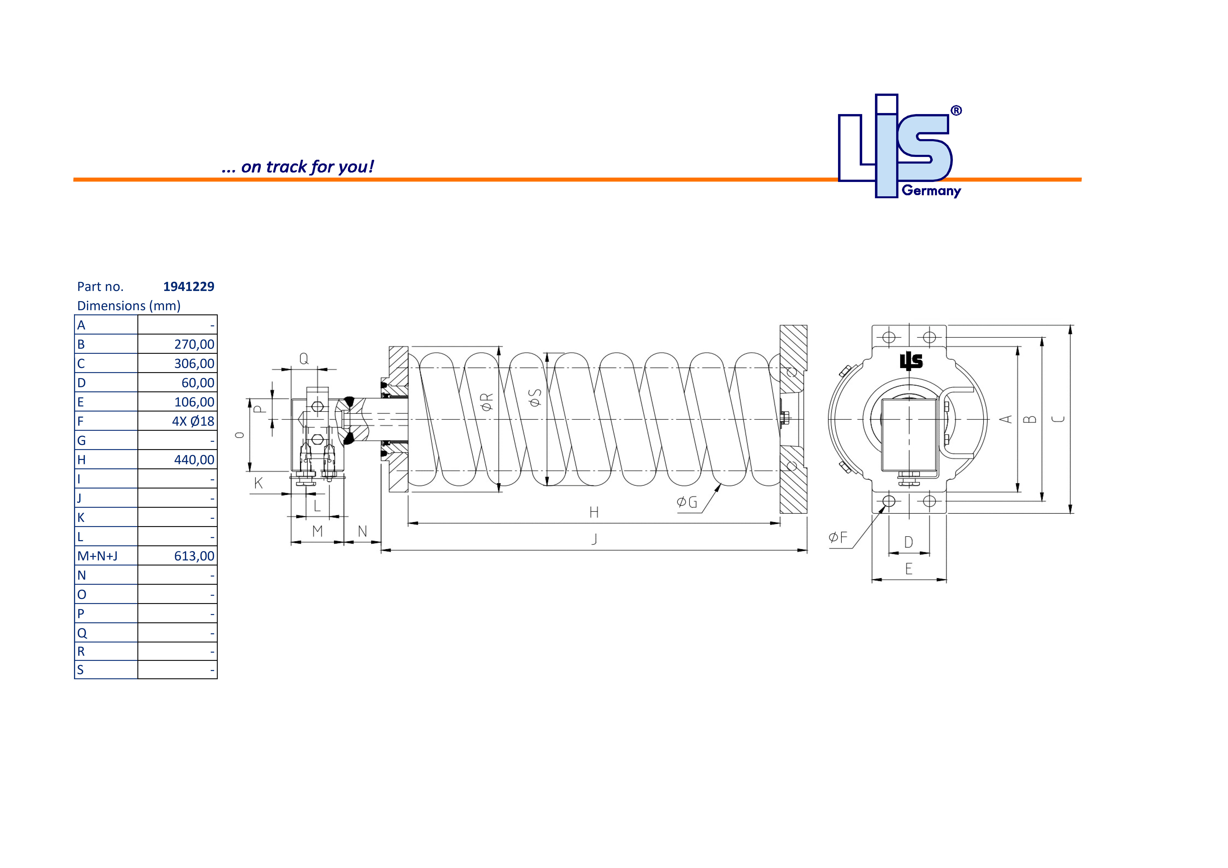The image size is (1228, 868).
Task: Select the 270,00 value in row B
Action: (x=194, y=345)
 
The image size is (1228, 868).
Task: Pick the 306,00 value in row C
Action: (x=194, y=364)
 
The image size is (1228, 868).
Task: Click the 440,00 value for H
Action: (x=194, y=460)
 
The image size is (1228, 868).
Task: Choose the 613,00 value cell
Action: (x=194, y=556)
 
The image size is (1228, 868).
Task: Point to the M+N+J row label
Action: (x=97, y=556)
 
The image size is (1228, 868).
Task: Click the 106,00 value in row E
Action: (x=194, y=402)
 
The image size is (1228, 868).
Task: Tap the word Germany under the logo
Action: (x=931, y=191)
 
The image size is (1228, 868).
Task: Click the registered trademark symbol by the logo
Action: (x=956, y=111)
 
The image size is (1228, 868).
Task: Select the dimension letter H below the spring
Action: (x=594, y=512)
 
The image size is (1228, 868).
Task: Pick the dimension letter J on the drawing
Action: (x=594, y=539)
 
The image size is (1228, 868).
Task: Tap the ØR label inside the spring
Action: (x=487, y=402)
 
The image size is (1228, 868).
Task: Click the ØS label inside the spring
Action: (x=535, y=397)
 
